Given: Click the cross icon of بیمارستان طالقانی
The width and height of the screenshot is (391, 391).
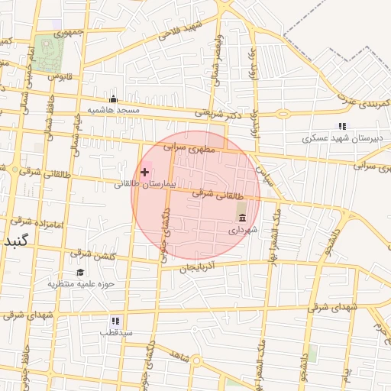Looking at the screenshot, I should coord(145,172).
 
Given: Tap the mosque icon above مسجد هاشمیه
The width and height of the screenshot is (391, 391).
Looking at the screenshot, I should coord(114,99).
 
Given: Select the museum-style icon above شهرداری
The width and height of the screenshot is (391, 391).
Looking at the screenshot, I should coord(242,218).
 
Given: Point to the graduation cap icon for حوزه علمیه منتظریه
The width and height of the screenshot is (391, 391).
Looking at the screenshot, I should coord(80,273).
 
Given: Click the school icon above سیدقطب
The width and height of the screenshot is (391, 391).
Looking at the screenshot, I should coord(116,322).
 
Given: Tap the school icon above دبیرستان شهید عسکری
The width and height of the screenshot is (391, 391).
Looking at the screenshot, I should coord(343,126).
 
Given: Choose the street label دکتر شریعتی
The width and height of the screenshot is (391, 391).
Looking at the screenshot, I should coord(216,112).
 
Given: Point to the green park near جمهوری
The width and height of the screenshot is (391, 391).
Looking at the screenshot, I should coord(50,52).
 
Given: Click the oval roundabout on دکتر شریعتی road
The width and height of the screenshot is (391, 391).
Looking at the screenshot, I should coord(283,114).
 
